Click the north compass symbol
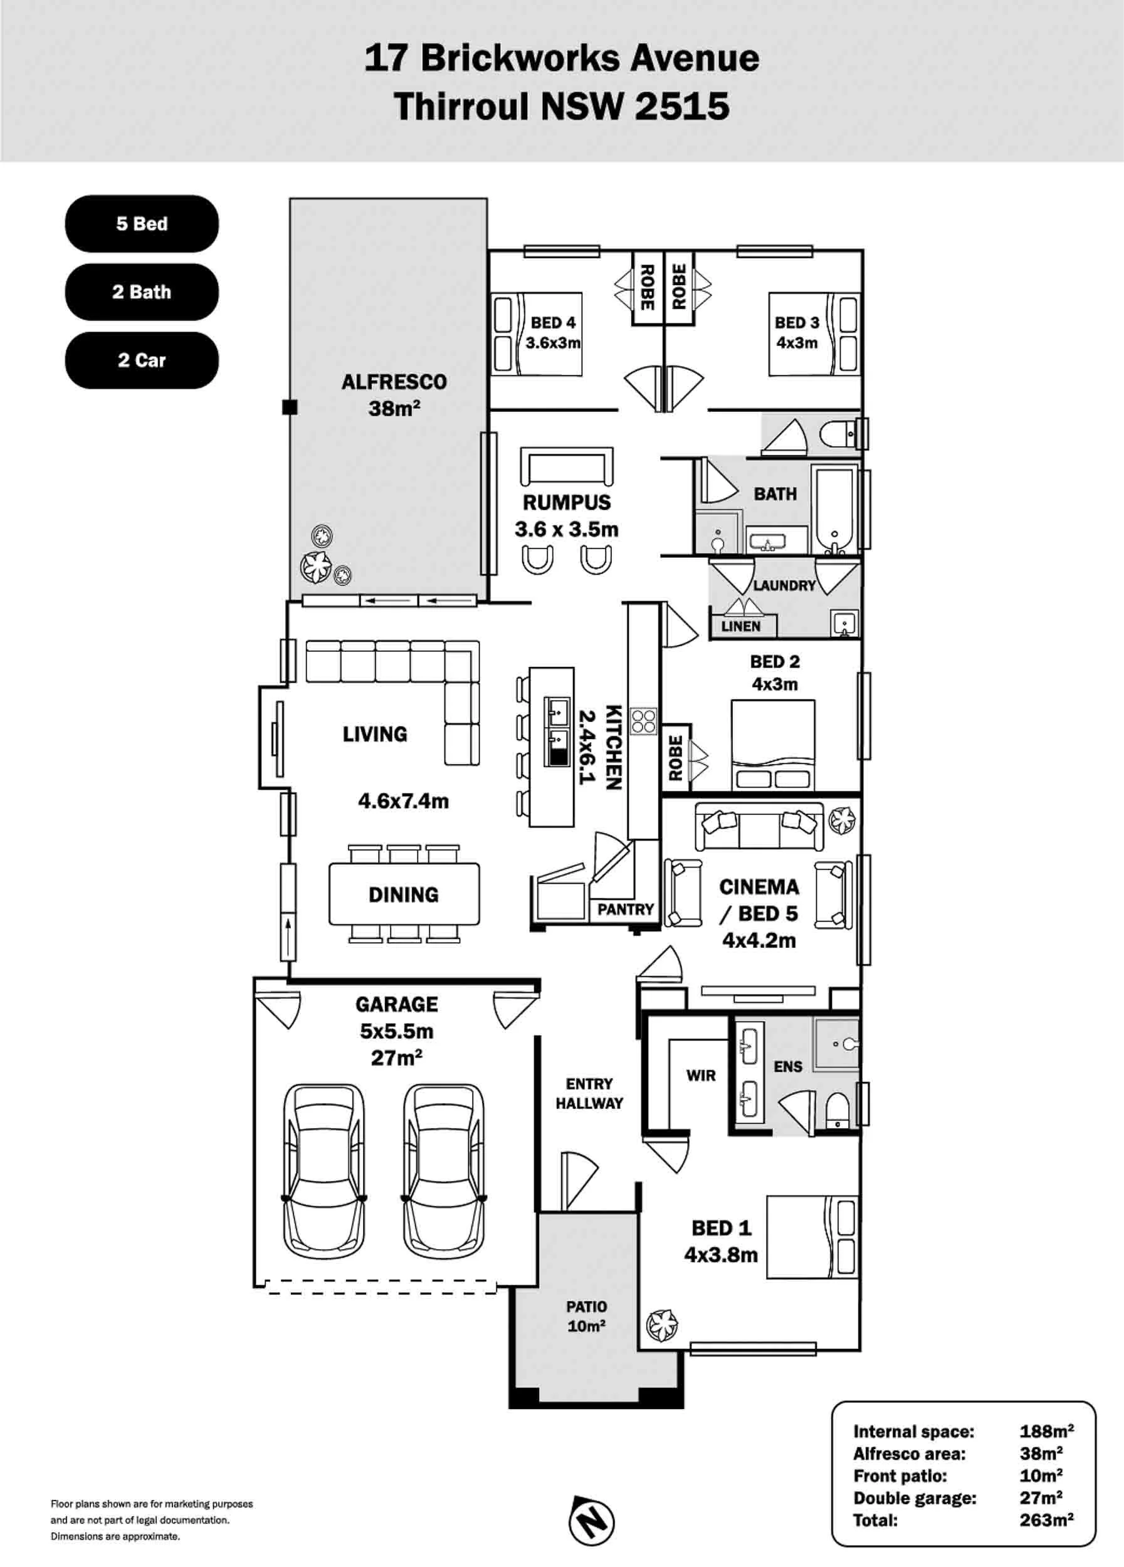tap(591, 1521)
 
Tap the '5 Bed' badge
tap(142, 224)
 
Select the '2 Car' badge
tap(142, 360)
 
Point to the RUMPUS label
tap(567, 502)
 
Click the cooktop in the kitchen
tap(643, 721)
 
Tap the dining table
tap(404, 894)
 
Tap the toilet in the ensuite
tap(838, 1109)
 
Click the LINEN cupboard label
tap(740, 626)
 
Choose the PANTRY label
tap(625, 909)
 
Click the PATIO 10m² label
tap(587, 1316)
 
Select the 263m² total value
tap(1046, 1520)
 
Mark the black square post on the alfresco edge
tap(290, 407)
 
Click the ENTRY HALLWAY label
tap(589, 1094)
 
